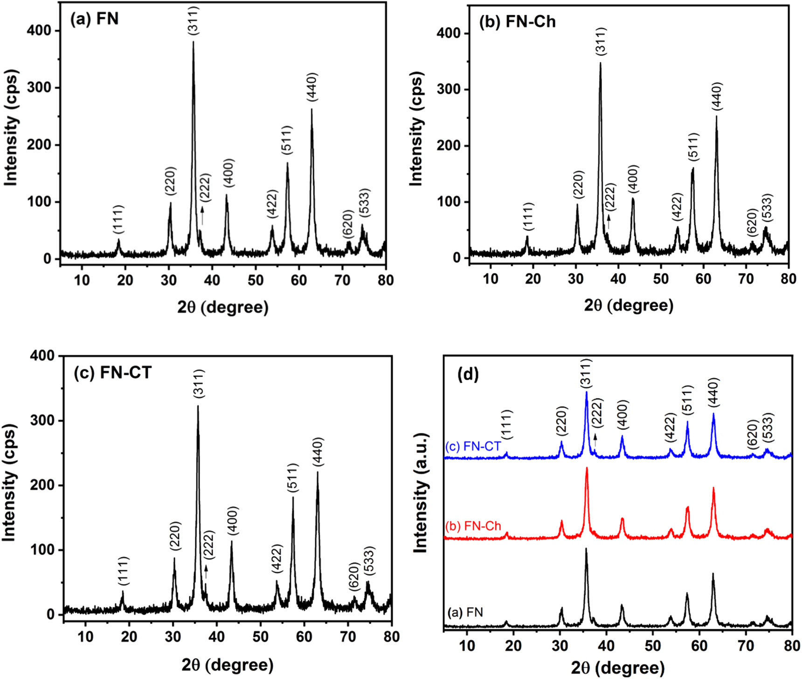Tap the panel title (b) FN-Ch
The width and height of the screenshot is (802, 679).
point(517,22)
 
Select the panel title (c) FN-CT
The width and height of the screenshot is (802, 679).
point(113,373)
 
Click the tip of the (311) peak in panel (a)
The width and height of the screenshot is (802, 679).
point(193,42)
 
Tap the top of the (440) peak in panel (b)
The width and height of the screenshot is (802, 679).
point(716,117)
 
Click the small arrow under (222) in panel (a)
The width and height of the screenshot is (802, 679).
point(202,215)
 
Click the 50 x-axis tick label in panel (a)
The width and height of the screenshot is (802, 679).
point(256,280)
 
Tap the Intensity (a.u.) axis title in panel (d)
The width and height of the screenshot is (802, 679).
point(421,492)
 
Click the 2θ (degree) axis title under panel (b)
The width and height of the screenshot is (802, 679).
point(629,305)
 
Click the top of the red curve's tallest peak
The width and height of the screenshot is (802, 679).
point(587,468)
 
